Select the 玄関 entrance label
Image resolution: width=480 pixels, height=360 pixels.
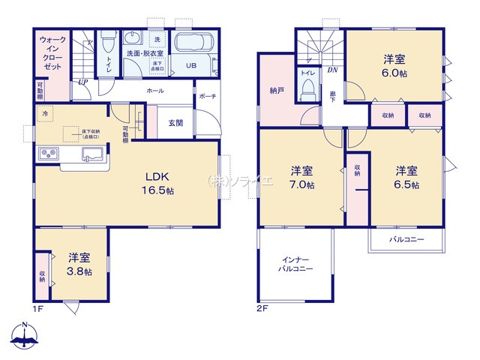[x=175, y=123]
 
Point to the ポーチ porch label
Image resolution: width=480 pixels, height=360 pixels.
[x=208, y=97]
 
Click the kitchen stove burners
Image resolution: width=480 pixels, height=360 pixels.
[x=48, y=155]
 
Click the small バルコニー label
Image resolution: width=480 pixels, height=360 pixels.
[x=406, y=241]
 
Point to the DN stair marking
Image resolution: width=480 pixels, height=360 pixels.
[x=331, y=70]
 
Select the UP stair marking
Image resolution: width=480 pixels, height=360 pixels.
[x=82, y=82]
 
